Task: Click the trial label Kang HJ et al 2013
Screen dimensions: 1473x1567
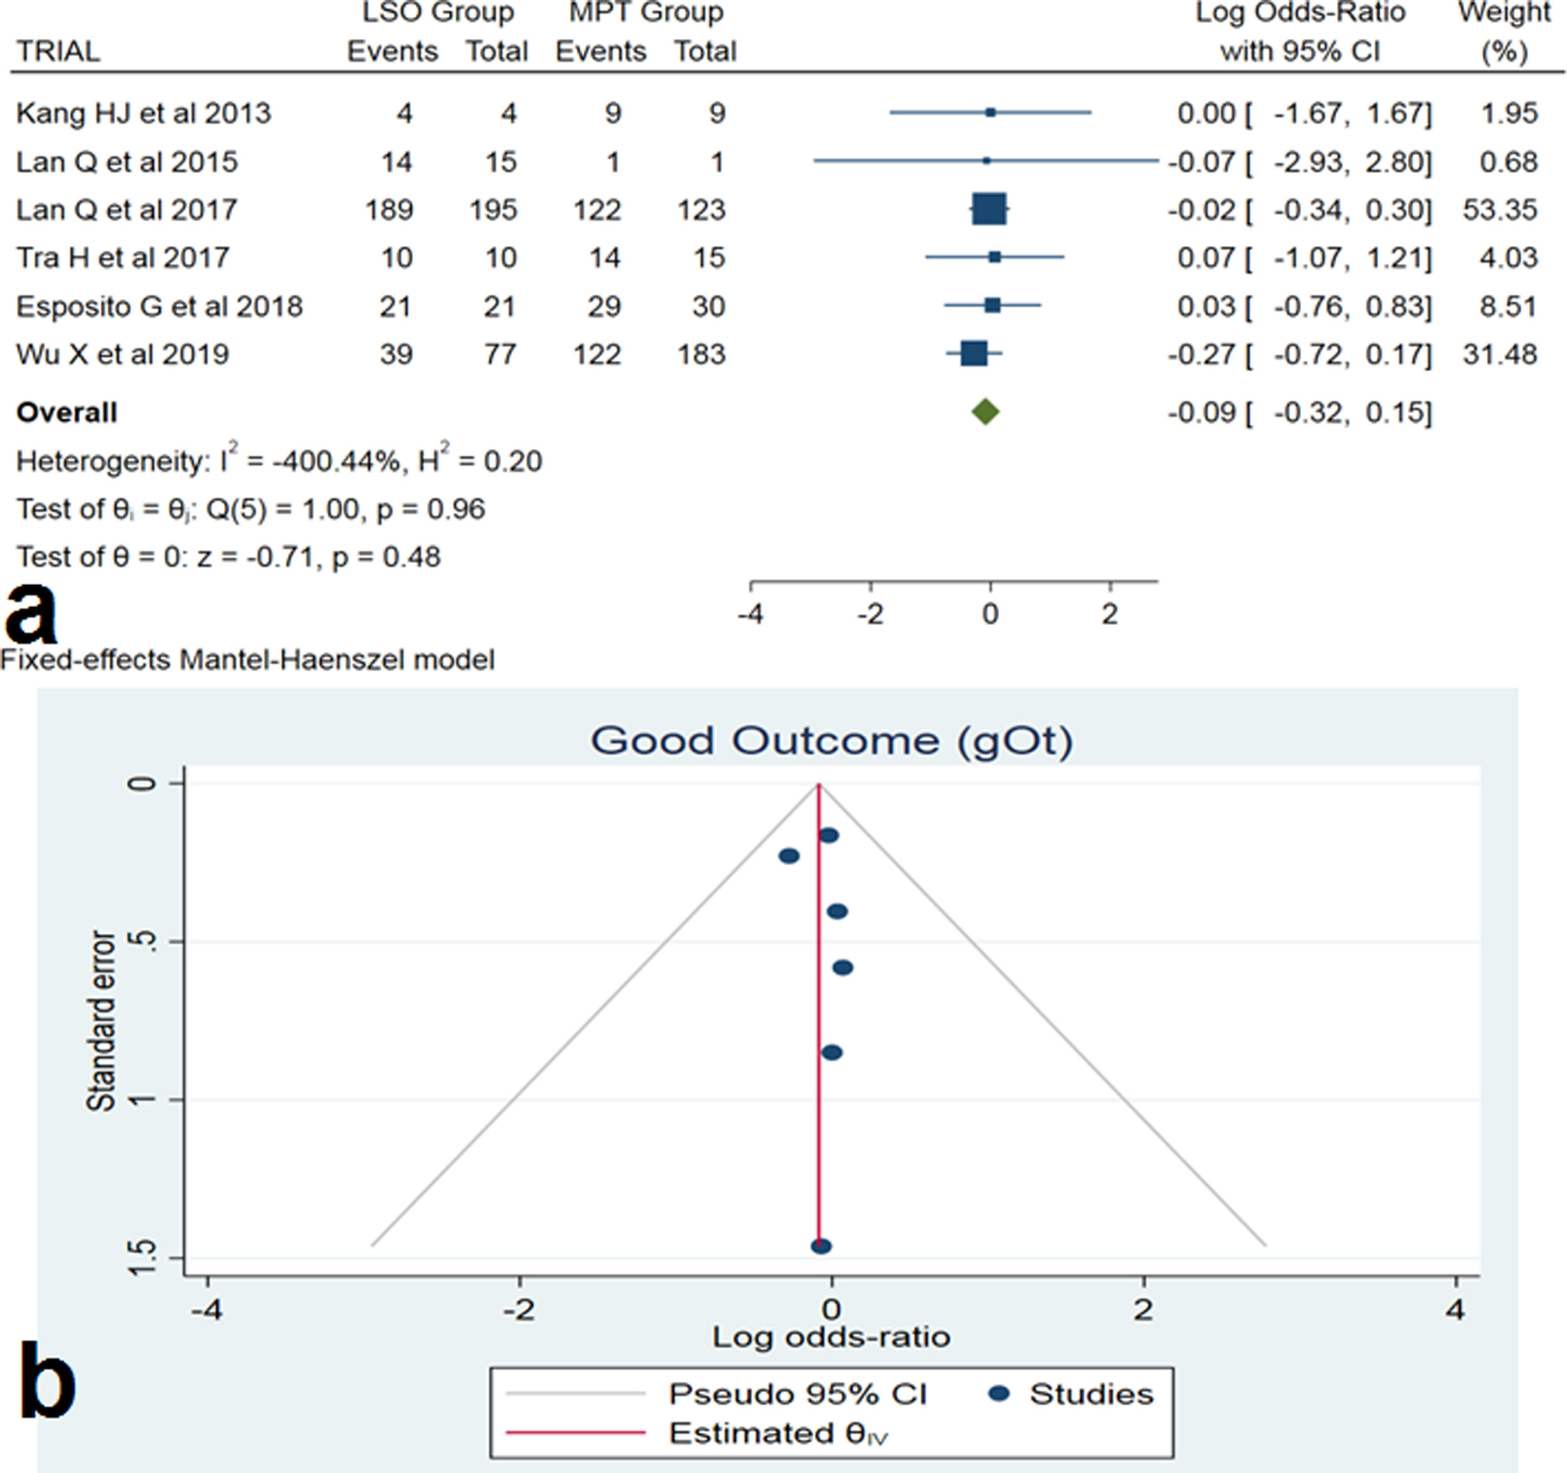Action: click(x=144, y=114)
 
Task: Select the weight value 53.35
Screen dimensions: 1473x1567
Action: click(x=1499, y=209)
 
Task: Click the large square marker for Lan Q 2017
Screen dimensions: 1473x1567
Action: click(x=988, y=209)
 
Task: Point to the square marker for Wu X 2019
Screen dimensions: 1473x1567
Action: click(x=973, y=354)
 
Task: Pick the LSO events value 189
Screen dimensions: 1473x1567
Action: click(x=389, y=209)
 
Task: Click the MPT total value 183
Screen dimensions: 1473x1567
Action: click(x=701, y=354)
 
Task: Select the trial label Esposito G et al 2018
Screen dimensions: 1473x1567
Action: click(x=159, y=306)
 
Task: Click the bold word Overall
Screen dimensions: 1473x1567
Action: click(x=67, y=413)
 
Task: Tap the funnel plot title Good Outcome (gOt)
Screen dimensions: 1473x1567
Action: click(x=832, y=741)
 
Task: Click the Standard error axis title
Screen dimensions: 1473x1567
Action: click(x=101, y=1020)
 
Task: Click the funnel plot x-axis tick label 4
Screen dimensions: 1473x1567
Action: click(x=1455, y=1310)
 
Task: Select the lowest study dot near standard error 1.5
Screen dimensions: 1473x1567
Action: click(x=820, y=1247)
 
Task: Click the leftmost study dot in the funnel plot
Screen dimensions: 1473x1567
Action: click(x=789, y=855)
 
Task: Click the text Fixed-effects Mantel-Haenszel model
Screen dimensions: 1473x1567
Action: click(x=248, y=659)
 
